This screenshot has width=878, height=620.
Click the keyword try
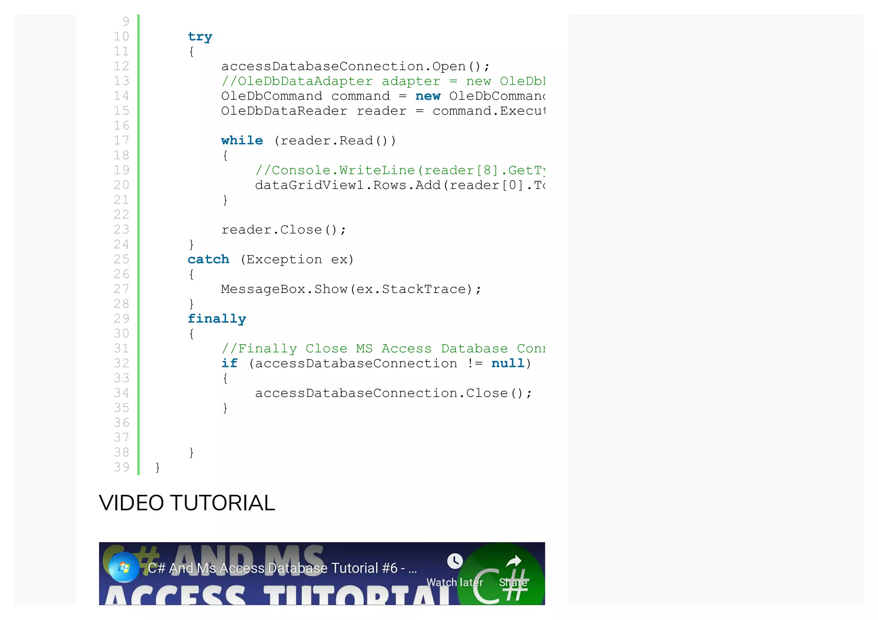200,37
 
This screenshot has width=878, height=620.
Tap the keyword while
242,141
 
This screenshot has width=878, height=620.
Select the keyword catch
208,259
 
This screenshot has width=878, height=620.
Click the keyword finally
216,319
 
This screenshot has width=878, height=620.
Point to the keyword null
508,363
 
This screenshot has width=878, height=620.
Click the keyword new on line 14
427,96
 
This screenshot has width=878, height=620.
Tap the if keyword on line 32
229,363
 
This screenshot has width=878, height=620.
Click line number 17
121,141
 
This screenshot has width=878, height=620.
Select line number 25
121,259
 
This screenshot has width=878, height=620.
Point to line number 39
121,467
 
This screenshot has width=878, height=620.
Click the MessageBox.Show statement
351,289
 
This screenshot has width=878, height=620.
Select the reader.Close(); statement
283,230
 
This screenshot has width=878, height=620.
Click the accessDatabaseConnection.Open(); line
355,66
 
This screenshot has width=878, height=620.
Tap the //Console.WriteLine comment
400,171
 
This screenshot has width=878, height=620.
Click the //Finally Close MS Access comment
383,348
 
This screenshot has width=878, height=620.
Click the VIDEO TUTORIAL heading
187,503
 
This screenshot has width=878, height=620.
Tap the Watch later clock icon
455,561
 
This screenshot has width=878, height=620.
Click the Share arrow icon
514,561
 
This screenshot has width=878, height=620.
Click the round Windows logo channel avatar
124,567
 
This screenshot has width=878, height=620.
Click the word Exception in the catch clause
283,259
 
